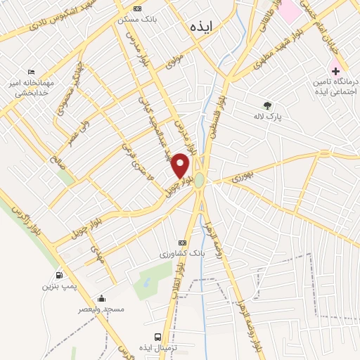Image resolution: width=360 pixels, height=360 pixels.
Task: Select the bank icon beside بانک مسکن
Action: coord(137,8)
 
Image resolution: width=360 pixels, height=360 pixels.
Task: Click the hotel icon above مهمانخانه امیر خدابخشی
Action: coord(31,72)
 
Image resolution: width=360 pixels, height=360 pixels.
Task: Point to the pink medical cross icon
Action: coord(335,72)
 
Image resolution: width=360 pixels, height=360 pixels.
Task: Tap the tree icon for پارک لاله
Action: coord(266,105)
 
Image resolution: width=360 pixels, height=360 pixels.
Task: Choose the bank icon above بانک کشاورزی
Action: coord(183,242)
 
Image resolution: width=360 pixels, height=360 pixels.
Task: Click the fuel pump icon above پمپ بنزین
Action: coord(59,275)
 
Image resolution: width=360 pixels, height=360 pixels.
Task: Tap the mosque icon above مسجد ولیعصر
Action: coord(102,299)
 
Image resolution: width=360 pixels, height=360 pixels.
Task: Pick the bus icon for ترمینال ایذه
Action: coord(157,337)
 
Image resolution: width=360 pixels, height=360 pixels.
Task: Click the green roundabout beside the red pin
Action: coord(200,181)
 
